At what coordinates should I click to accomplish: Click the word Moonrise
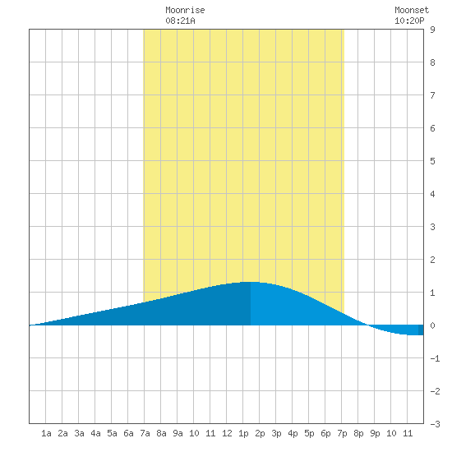185,10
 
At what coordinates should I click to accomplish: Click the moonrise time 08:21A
181,21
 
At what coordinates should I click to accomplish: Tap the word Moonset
412,10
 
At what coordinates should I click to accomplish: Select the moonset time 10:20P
409,21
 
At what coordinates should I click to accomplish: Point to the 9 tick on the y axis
432,30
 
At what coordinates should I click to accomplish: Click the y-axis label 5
432,161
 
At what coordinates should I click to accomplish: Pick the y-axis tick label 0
432,325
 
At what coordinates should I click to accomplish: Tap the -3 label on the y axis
435,424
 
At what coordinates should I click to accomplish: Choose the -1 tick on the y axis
435,358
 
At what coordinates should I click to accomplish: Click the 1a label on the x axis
46,433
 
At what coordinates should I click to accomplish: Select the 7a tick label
145,433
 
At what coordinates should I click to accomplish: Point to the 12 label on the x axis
227,433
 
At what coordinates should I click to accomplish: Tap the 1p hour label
243,433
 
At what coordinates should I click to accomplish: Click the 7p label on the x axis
342,433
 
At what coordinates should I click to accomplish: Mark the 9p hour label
375,433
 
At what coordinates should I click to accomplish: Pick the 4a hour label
95,433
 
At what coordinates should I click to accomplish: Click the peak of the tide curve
250,282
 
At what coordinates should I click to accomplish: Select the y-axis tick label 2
432,260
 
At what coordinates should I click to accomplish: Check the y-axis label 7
432,95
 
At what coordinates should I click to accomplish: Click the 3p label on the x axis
276,433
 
